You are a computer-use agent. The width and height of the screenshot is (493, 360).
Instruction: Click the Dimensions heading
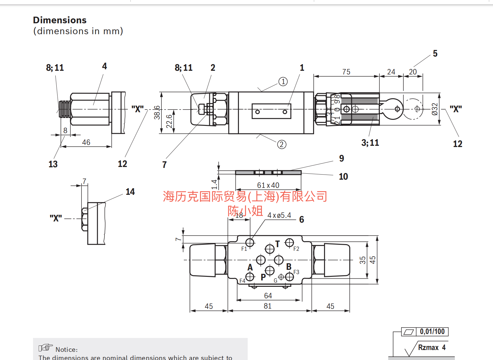click(x=60, y=20)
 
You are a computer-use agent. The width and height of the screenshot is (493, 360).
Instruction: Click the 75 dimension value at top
click(x=346, y=72)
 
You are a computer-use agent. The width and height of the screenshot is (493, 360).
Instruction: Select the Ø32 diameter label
click(x=435, y=109)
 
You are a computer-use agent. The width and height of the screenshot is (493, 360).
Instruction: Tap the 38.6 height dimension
click(x=157, y=112)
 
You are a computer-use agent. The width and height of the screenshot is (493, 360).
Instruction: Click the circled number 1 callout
click(x=283, y=82)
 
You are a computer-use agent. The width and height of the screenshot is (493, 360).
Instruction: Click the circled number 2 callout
click(x=282, y=145)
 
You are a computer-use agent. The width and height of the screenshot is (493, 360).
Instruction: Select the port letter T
click(x=277, y=244)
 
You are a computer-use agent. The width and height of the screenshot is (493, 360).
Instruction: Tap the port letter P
click(x=263, y=277)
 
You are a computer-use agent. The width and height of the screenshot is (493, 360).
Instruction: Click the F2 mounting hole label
click(x=296, y=249)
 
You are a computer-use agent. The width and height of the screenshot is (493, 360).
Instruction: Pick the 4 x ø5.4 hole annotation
click(x=279, y=215)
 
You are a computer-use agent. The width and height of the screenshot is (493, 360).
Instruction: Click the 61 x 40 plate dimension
click(x=268, y=185)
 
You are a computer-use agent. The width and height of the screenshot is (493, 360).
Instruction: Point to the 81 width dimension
click(x=267, y=306)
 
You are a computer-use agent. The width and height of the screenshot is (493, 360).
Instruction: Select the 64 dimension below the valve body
click(x=268, y=296)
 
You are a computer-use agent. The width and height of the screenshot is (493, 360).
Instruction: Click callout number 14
click(x=130, y=192)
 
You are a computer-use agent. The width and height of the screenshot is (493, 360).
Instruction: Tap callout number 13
click(x=53, y=164)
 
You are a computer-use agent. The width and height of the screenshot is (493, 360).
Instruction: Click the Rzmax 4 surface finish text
click(x=432, y=347)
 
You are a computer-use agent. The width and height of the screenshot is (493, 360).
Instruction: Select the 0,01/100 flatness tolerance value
click(x=432, y=332)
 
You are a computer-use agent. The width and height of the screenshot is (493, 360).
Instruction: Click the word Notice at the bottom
click(x=66, y=350)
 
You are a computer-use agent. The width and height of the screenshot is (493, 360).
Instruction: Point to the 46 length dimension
click(x=86, y=142)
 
